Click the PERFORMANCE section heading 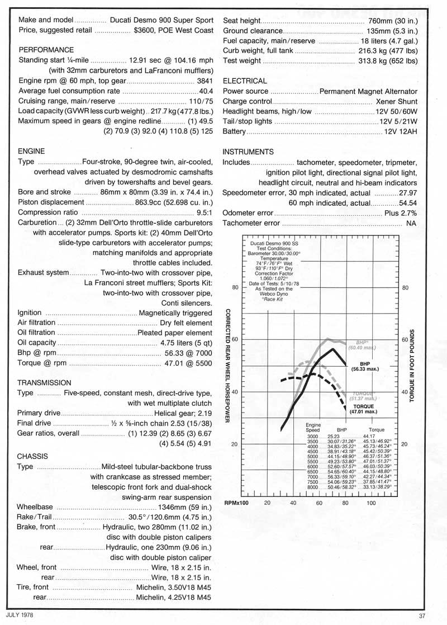(46, 50)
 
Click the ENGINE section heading (32, 151)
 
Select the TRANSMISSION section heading (44, 382)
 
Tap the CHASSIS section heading (33, 456)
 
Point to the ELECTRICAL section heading (245, 81)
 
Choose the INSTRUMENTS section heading (248, 151)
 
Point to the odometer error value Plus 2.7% (400, 213)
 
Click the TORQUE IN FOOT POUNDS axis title (412, 366)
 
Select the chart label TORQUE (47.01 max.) (366, 408)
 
